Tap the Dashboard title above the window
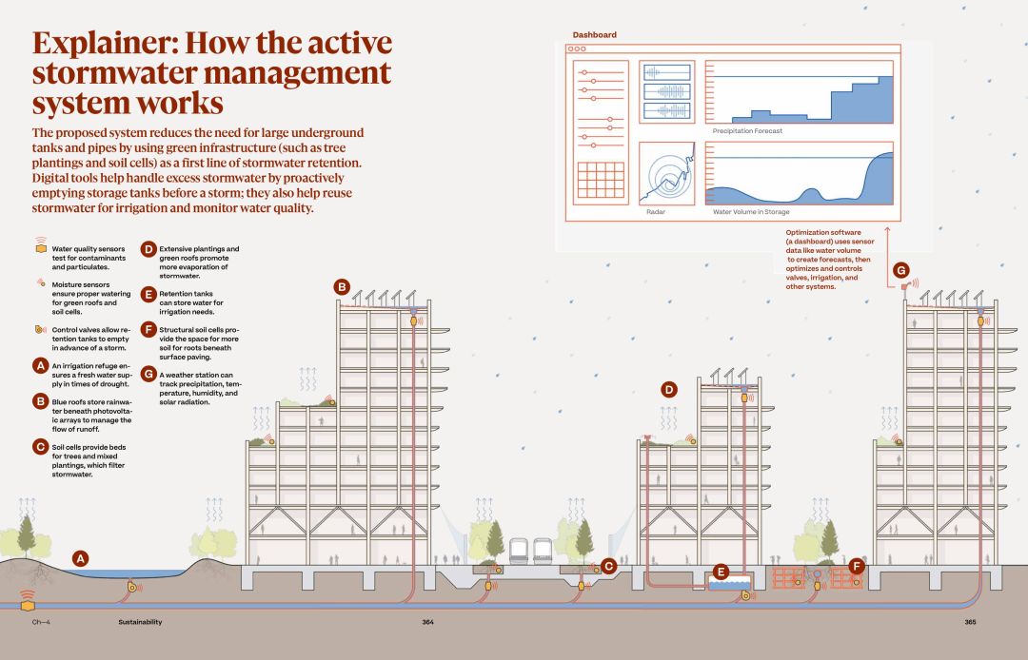pyautogui.click(x=594, y=35)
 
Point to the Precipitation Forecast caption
pyautogui.click(x=747, y=131)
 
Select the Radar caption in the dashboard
pyautogui.click(x=655, y=212)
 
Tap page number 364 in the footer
pyautogui.click(x=427, y=623)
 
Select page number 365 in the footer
pyautogui.click(x=969, y=623)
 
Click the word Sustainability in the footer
pyautogui.click(x=140, y=623)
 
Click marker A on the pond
pyautogui.click(x=81, y=558)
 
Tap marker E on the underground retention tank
pyautogui.click(x=721, y=573)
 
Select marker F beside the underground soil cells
pyautogui.click(x=857, y=567)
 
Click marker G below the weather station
pyautogui.click(x=901, y=270)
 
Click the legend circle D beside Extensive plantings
pyautogui.click(x=148, y=249)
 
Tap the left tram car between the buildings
pyautogui.click(x=520, y=551)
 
